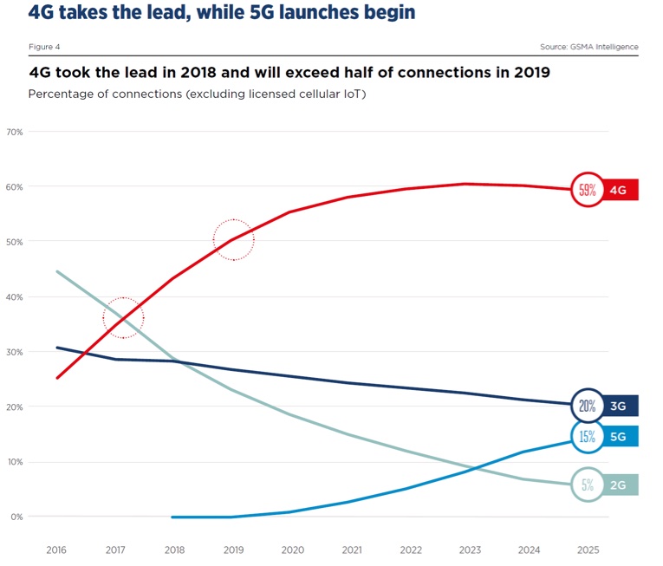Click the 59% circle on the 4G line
click(x=587, y=190)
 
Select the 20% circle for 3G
click(x=587, y=406)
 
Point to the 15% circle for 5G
click(x=587, y=437)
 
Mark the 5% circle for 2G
click(x=587, y=485)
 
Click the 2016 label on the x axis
click(x=56, y=550)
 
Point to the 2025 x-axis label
click(x=587, y=550)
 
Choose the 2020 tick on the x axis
click(x=292, y=550)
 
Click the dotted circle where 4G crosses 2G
click(x=123, y=317)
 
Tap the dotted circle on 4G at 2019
click(x=233, y=239)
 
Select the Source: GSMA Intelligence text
click(x=588, y=46)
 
